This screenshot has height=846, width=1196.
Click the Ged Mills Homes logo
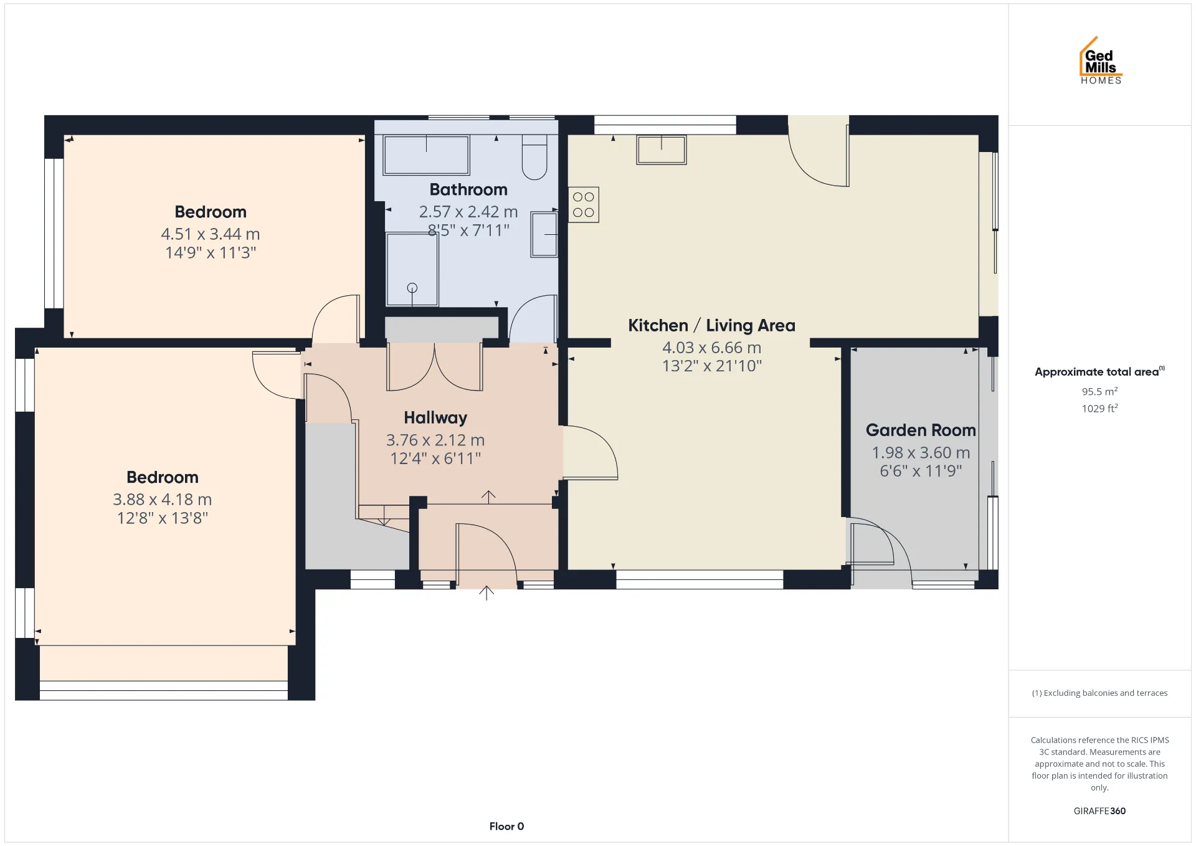(x=1101, y=60)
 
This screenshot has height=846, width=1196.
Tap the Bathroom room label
(x=468, y=189)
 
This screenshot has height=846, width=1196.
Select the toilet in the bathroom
(x=534, y=158)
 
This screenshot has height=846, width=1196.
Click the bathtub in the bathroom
(x=427, y=155)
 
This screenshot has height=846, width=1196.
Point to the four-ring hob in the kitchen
(x=584, y=205)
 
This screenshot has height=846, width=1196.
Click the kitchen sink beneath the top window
(x=662, y=150)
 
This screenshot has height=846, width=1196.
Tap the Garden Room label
(x=921, y=430)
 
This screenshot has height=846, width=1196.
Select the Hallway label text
(x=435, y=418)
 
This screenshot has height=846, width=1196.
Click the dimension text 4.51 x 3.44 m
(x=211, y=234)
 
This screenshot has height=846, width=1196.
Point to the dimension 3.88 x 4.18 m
(x=163, y=500)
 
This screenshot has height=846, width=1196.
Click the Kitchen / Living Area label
(x=711, y=325)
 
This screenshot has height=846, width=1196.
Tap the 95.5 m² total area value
(x=1099, y=391)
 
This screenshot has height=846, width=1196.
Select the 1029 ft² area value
(x=1099, y=408)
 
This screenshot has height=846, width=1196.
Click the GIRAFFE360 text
(x=1099, y=811)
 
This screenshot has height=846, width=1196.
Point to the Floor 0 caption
(x=506, y=827)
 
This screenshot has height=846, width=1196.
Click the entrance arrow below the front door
(x=486, y=592)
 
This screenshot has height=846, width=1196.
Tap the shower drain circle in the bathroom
(x=412, y=288)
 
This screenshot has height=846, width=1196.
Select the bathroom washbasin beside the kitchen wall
(x=544, y=234)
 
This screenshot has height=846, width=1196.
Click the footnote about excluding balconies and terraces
(x=1099, y=693)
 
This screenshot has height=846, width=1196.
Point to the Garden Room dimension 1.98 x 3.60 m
(x=921, y=453)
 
